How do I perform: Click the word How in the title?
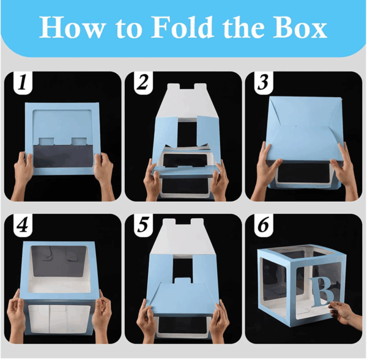(x=72, y=27)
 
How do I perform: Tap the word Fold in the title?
(x=182, y=27)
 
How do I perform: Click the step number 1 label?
(x=23, y=83)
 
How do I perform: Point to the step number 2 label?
(x=143, y=83)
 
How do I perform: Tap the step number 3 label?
(x=263, y=83)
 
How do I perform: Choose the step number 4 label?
(x=23, y=225)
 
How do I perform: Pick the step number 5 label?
(x=143, y=225)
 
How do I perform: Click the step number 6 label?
(x=263, y=225)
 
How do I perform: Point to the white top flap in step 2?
(x=187, y=101)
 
